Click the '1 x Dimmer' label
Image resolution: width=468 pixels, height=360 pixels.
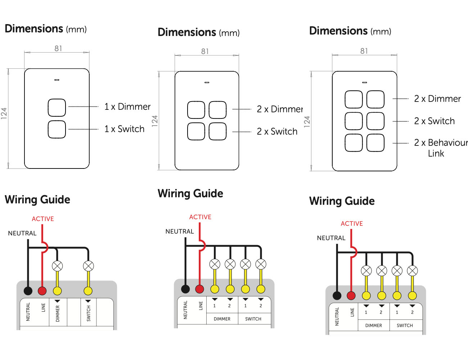127,107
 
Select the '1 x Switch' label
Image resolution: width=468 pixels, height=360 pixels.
124,129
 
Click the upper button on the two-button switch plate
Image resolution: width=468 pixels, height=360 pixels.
57,107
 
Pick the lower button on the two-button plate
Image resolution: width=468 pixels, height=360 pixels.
57,129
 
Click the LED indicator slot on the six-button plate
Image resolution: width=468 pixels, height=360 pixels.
364,82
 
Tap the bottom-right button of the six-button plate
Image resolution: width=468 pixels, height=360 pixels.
375,143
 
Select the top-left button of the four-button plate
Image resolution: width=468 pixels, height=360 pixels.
196,110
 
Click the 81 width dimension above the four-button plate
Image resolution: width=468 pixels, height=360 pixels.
205,51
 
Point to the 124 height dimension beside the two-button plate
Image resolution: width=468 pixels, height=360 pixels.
4,113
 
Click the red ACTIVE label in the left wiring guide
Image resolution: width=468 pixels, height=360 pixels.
43,219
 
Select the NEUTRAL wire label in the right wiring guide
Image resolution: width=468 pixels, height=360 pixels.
331,238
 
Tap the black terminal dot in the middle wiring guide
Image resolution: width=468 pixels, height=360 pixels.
185,289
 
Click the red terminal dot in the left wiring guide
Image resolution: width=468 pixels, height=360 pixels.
42,291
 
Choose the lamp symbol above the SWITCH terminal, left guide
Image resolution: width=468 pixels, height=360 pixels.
88,266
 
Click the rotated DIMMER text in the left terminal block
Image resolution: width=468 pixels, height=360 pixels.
58,314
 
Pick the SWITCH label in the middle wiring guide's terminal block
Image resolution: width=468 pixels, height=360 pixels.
253,319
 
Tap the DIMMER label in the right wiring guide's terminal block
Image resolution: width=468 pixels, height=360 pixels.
373,325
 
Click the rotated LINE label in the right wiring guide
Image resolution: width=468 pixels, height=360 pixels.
352,312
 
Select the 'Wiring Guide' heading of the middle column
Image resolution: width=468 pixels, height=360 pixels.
190,193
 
